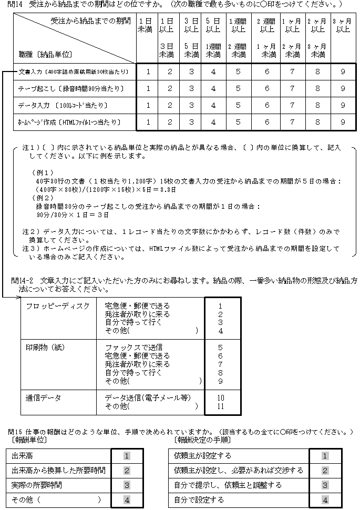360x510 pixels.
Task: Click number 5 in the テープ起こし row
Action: tap(238, 88)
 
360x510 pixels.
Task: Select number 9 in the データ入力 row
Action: tap(343, 105)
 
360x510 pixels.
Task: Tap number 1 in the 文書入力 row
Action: tap(148, 72)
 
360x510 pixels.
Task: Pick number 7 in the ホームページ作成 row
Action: tap(292, 123)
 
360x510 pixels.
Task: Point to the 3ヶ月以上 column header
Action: tap(343, 25)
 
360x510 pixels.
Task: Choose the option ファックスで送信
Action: tap(133, 348)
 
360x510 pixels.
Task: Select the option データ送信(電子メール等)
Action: tap(147, 397)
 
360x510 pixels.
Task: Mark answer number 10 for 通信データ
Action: tap(221, 398)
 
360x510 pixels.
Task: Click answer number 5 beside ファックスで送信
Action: tap(221, 348)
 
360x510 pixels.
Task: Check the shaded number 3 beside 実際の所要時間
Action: tap(127, 485)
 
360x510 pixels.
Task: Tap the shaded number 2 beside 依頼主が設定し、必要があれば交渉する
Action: tap(325, 471)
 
